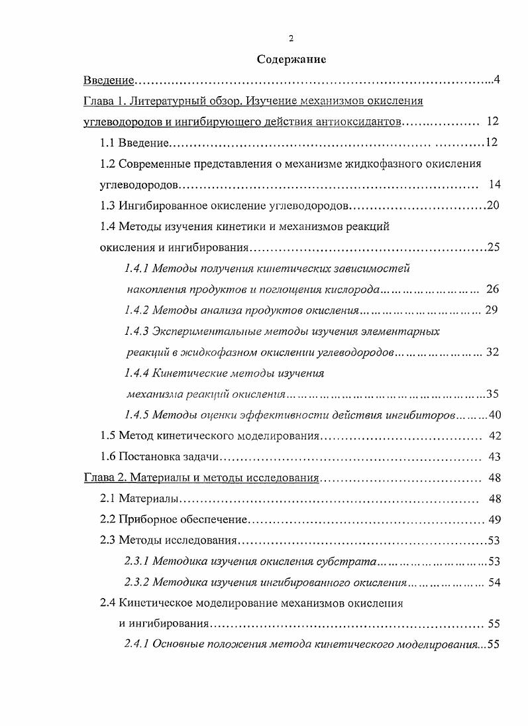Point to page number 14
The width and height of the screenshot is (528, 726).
494,184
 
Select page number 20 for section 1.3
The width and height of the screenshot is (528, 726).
493,205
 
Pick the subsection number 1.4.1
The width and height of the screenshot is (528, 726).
136,269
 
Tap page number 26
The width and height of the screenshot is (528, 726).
492,289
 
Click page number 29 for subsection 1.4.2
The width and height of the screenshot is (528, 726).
491,310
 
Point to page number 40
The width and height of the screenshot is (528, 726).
497,415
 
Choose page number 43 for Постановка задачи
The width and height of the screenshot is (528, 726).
494,457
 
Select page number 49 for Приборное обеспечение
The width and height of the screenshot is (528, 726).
494,519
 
